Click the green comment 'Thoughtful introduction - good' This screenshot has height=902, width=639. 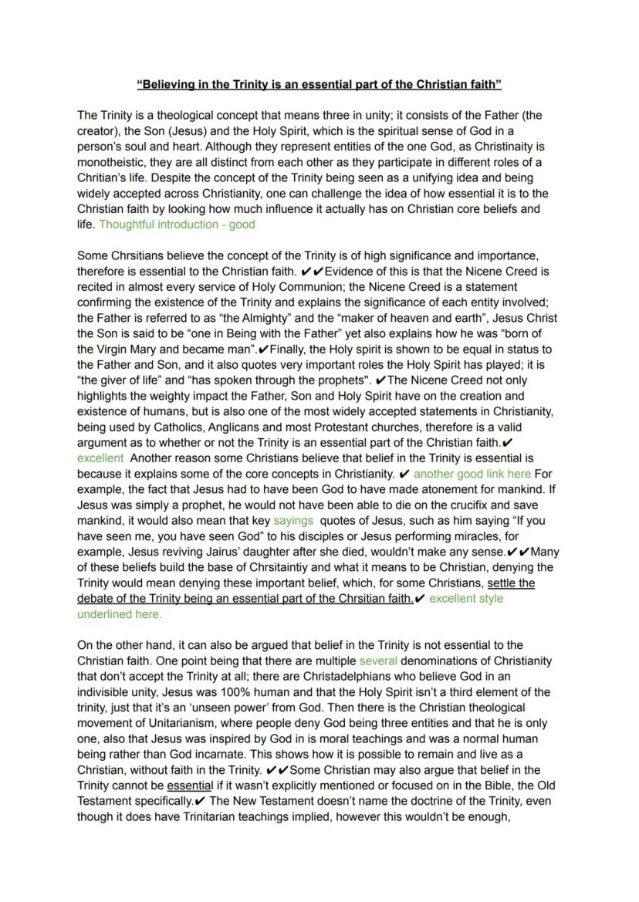[x=177, y=225]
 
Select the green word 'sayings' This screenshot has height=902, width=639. [x=293, y=521]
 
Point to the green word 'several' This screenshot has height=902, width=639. [x=378, y=660]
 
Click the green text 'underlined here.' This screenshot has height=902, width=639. [x=120, y=614]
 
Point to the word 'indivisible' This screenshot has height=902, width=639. [x=108, y=691]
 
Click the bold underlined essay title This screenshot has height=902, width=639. [x=319, y=83]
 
